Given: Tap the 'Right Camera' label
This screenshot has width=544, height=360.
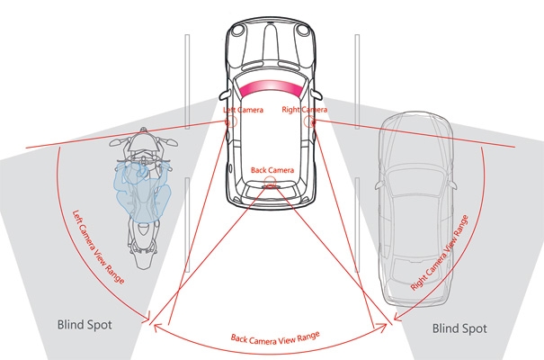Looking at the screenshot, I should tap(304, 110).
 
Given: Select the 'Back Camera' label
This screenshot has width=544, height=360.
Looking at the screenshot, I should tap(272, 169).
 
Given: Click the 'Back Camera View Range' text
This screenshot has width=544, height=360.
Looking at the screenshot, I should tap(273, 338).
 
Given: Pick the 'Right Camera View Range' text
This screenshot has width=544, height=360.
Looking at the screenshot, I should tap(440, 252).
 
